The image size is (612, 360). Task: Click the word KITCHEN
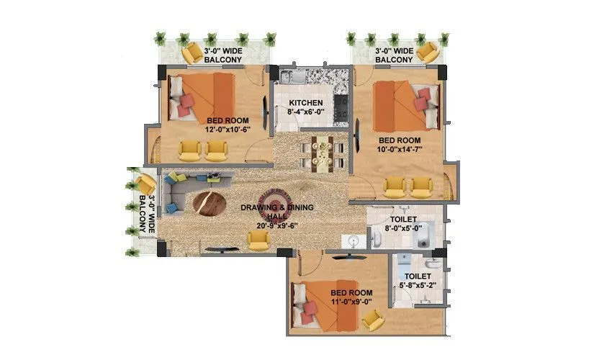(x=306, y=103)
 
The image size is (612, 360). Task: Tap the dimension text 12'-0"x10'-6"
(x=228, y=130)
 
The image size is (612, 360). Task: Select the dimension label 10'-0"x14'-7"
(x=400, y=150)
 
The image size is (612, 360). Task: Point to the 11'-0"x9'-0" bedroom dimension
(x=351, y=302)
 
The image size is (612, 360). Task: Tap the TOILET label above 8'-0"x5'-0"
(x=404, y=218)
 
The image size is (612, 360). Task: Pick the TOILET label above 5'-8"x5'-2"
(x=418, y=276)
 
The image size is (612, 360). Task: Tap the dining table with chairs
(x=322, y=152)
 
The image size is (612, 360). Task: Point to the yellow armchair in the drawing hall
(x=258, y=240)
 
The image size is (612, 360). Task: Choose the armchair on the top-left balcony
(x=192, y=53)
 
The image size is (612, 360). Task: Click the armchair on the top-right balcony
(x=427, y=52)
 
